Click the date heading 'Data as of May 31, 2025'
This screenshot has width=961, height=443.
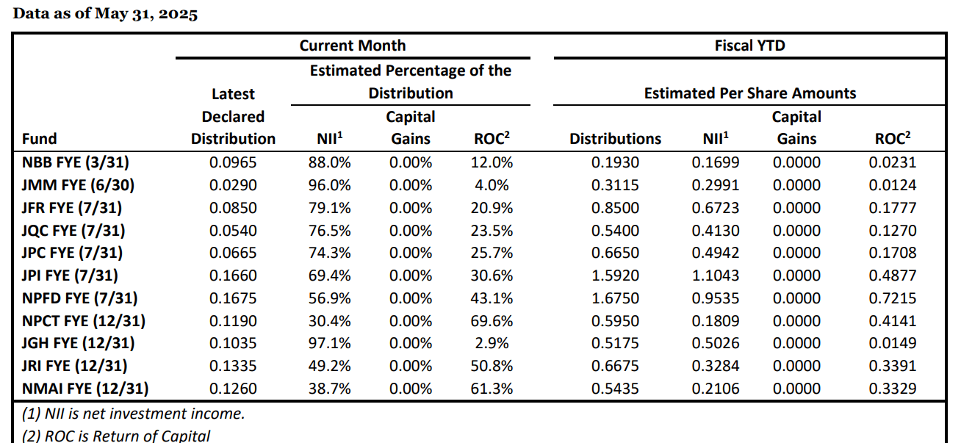pos(106,14)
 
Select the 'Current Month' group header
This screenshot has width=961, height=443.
pos(352,46)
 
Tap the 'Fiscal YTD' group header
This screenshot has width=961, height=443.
pos(749,46)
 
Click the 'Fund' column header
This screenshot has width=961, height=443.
pos(40,139)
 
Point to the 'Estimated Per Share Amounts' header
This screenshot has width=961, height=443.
pos(749,93)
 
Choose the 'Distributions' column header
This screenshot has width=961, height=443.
pos(615,139)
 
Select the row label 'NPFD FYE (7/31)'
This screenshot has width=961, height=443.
pos(79,298)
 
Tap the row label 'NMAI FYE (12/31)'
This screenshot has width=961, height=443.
pos(84,389)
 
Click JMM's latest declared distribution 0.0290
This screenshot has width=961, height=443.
pos(233,185)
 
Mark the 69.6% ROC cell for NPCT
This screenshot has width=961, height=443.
pos(492,321)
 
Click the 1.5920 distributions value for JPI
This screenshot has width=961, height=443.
pos(615,275)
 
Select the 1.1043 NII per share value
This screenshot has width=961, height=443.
pos(715,275)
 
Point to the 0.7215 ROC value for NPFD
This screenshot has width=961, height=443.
pos(892,298)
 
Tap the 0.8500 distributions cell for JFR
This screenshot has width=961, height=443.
pos(615,208)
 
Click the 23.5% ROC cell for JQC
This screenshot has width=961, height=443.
pos(492,231)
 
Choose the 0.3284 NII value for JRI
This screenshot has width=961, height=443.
pos(715,366)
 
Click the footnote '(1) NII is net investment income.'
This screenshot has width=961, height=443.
pos(133,414)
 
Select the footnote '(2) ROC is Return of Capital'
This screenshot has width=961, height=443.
pos(116,436)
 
